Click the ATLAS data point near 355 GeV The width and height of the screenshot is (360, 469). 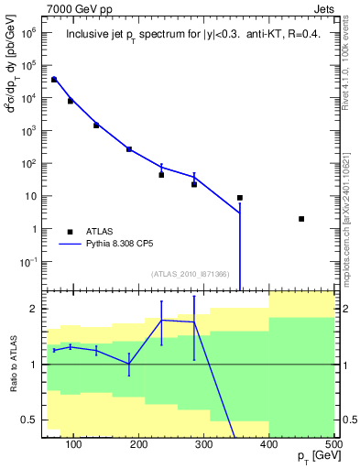point(240,198)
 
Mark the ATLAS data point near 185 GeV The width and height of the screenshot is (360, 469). point(129,149)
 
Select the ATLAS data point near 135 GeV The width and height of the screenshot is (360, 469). point(96,125)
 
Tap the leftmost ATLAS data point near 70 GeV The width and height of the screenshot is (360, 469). point(54,80)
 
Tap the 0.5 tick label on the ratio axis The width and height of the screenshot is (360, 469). point(29,420)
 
